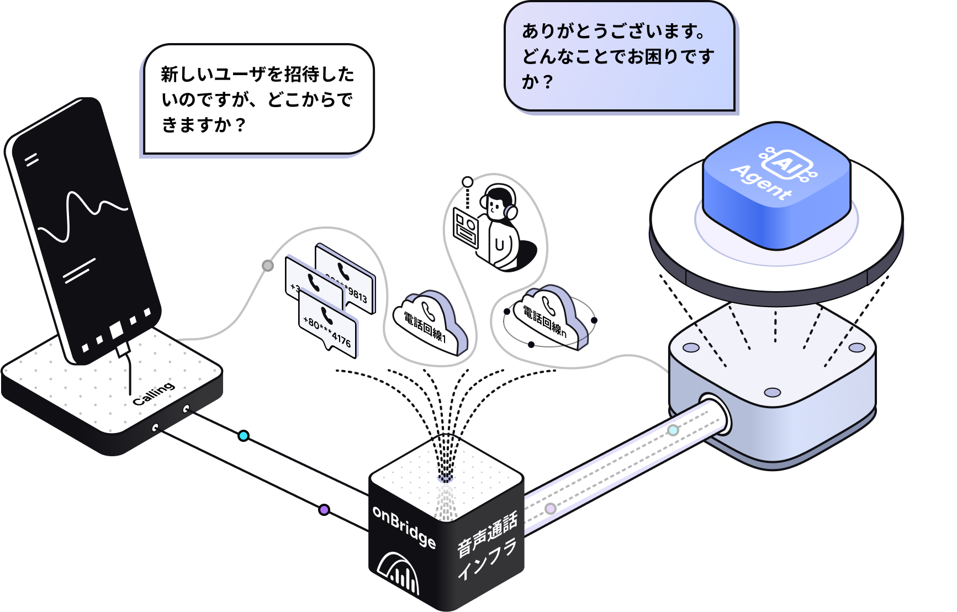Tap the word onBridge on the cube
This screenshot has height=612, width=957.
click(404, 526)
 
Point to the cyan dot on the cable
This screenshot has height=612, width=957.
click(244, 436)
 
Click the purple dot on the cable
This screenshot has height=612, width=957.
click(324, 510)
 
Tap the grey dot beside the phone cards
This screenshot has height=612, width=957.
click(268, 266)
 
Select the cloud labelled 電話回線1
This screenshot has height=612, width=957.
click(431, 323)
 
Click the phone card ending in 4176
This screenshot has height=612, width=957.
click(329, 323)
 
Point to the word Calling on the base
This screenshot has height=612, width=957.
click(154, 393)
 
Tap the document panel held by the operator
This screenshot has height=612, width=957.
click(466, 229)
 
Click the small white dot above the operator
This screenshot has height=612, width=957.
click(468, 182)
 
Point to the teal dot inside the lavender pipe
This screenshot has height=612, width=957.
click(673, 430)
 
